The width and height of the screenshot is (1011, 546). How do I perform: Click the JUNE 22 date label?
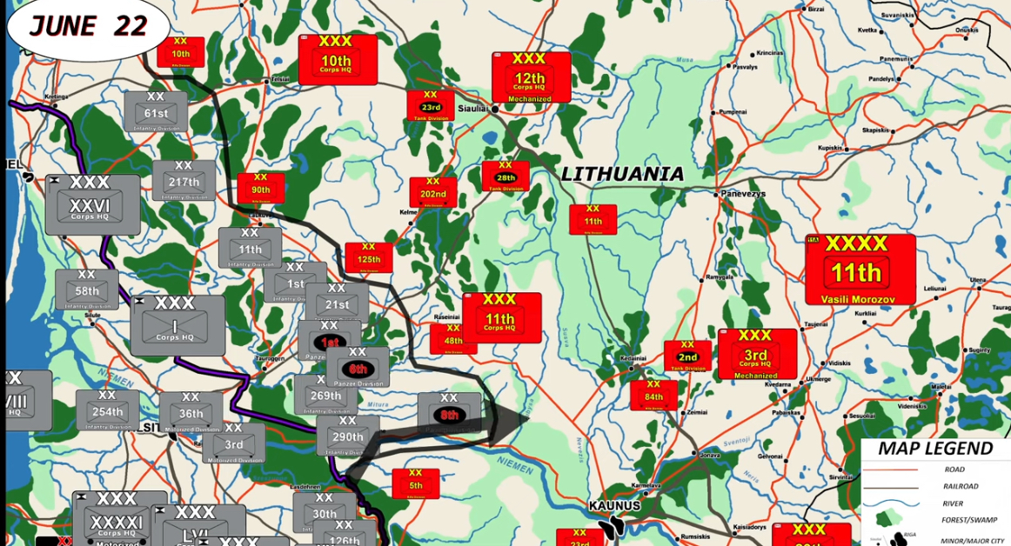point(88,26)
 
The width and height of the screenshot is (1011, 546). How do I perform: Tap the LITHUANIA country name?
point(622,174)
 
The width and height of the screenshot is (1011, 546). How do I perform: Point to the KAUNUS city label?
point(614,506)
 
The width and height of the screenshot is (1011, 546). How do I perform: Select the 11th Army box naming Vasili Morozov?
point(860,269)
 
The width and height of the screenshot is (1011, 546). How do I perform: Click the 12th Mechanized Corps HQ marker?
point(531,77)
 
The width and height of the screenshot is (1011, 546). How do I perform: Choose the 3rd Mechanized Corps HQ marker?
point(757,354)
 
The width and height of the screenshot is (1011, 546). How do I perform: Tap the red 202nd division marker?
point(433,192)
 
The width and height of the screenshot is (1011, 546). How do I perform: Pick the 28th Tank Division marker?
point(505,176)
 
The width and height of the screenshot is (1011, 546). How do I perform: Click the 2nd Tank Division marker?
point(687,356)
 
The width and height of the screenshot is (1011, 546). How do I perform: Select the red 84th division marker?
point(654,395)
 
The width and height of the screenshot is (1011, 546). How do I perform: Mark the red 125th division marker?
point(369,257)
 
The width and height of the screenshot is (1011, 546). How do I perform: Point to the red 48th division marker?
point(453,338)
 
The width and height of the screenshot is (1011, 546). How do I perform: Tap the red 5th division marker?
point(416,483)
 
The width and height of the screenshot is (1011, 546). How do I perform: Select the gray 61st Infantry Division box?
point(157,111)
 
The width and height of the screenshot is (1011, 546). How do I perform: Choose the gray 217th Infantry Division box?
point(184,180)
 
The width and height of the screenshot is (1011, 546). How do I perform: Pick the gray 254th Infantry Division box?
point(107,410)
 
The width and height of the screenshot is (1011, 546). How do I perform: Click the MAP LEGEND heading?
point(934,449)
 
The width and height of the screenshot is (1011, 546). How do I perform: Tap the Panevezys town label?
point(741,194)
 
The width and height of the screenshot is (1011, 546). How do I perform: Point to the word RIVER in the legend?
point(954,503)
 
